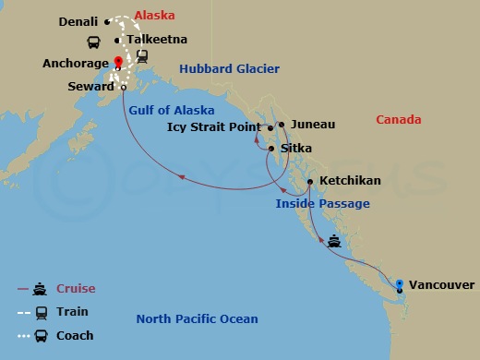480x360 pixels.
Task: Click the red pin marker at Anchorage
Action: pos(118,63)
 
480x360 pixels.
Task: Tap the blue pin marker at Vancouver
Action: pos(399,283)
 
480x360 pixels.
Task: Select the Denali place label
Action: pos(79,20)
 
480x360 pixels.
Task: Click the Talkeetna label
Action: pos(156,40)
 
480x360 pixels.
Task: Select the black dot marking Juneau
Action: pos(280,124)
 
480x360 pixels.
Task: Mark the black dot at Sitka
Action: pos(270,149)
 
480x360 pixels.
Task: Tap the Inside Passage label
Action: pos(322,203)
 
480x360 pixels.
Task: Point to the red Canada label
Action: pos(399,120)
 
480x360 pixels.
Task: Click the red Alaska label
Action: pos(154,16)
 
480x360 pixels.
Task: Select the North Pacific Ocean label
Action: pos(197,319)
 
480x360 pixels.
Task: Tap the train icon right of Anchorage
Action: pos(142,56)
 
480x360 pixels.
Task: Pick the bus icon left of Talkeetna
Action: pos(93,42)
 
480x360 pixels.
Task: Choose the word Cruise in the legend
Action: pos(76,288)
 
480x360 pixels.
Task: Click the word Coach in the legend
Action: pos(75,335)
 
